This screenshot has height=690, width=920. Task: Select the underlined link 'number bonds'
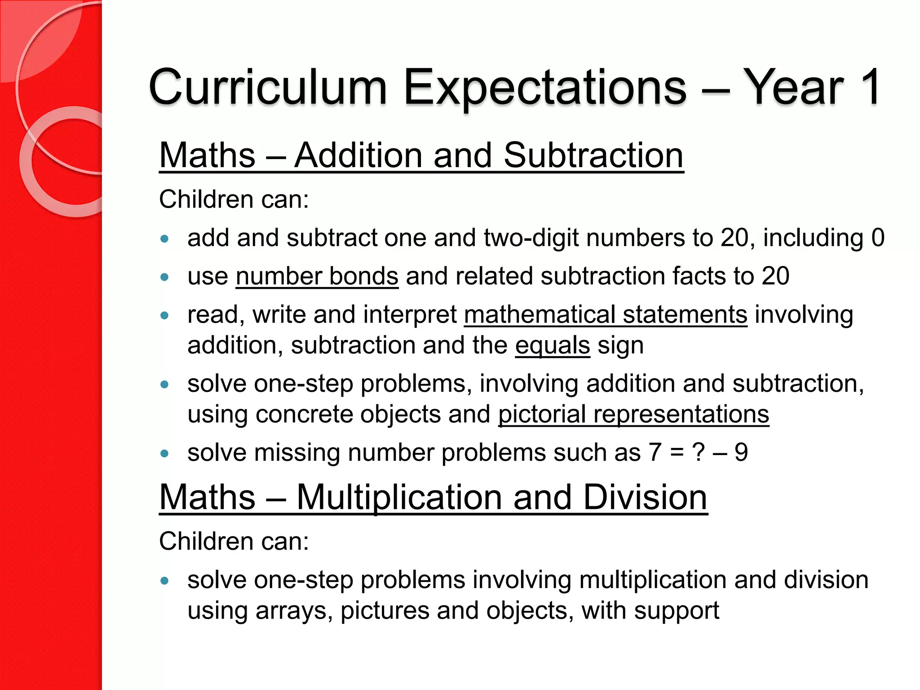317,276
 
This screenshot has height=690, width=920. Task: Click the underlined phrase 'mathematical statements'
606,314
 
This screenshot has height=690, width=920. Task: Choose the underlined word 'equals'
552,345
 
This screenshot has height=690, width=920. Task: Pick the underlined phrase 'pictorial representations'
633,414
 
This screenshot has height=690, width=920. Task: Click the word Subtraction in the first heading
593,155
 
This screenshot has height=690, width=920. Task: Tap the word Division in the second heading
645,497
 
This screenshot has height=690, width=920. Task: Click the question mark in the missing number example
699,452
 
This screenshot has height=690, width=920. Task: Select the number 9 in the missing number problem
741,452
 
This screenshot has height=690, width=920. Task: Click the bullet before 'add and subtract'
165,239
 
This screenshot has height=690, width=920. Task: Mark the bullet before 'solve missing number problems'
165,453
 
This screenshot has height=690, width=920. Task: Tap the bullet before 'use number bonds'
165,277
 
